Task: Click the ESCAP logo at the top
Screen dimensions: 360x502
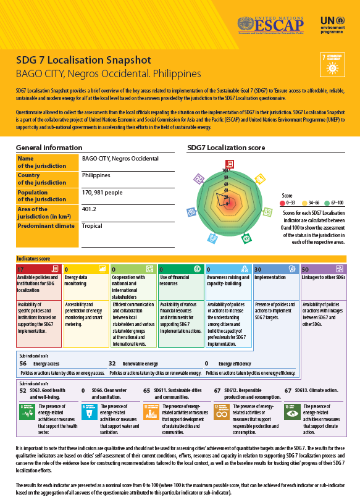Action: tap(272, 25)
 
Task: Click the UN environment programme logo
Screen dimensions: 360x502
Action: tap(333, 25)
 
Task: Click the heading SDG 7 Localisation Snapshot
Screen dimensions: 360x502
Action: tap(83, 61)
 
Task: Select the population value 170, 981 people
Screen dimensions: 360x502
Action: tap(102, 192)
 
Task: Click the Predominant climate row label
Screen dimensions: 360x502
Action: tap(46, 226)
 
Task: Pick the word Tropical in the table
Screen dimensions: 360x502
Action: tap(92, 226)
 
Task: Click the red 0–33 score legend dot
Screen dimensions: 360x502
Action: tap(282, 202)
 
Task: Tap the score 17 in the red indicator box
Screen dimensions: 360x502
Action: tap(21, 269)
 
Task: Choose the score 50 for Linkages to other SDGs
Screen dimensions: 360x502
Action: tap(306, 269)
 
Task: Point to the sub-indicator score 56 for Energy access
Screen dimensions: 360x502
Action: tap(23, 364)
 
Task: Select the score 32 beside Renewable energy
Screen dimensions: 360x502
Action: tap(112, 364)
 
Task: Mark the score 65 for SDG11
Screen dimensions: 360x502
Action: tap(147, 391)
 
